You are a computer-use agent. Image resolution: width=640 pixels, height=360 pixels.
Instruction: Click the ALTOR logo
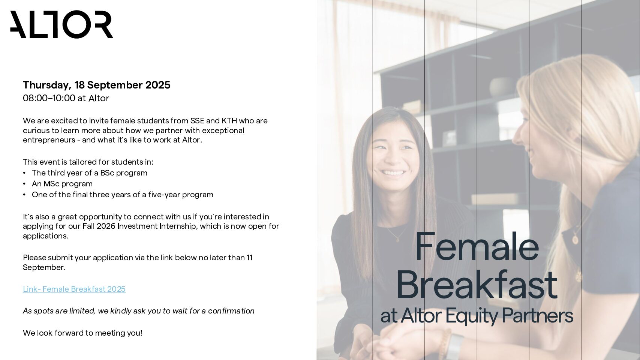point(62,24)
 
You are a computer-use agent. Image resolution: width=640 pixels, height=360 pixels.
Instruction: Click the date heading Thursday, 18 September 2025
point(97,85)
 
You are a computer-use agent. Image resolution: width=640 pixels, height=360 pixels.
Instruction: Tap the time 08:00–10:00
point(49,98)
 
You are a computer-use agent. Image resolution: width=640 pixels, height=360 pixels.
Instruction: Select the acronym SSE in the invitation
point(197,121)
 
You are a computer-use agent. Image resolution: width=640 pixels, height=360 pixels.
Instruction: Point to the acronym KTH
point(229,121)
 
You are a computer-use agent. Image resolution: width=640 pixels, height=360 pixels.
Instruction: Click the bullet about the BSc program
point(90,173)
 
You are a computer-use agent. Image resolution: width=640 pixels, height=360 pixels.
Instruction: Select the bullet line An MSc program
point(62,184)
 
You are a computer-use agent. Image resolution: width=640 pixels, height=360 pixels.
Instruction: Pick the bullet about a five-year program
point(123,195)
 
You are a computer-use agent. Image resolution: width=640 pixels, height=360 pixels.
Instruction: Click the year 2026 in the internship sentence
point(106,226)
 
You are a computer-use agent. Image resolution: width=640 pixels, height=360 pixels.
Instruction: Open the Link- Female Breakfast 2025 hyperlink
point(74,289)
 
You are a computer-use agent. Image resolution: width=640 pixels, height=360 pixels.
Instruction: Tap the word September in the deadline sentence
point(44,267)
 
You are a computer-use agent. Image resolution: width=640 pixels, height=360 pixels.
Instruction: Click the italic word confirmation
point(231,311)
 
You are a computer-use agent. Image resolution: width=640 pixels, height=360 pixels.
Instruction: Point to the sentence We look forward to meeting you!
point(82,333)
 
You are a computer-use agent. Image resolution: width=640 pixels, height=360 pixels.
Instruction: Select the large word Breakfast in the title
point(477,285)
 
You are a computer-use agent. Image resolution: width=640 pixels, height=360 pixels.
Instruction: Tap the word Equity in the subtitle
point(471,316)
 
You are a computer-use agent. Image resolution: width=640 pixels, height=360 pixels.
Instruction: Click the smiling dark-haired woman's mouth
point(393,172)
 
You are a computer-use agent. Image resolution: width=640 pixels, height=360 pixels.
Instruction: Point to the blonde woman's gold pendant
point(576,240)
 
